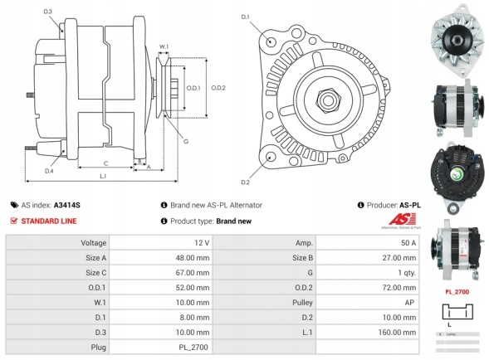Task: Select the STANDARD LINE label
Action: (x=49, y=221)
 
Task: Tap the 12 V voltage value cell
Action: (x=203, y=243)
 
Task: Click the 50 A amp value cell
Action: (x=408, y=243)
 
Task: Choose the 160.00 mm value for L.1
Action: (x=399, y=332)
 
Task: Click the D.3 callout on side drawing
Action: (x=47, y=11)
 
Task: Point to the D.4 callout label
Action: (x=49, y=171)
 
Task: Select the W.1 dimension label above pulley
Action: (x=164, y=46)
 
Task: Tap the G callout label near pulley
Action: (x=185, y=142)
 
